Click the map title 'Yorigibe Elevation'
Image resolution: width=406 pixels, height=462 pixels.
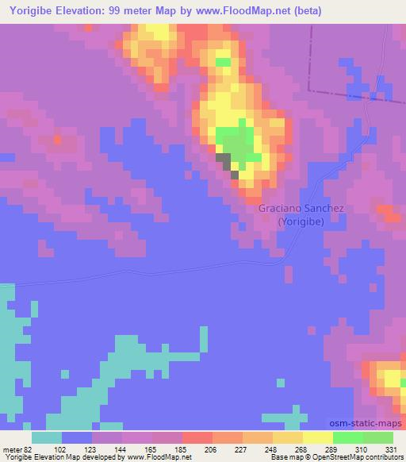coord(59,10)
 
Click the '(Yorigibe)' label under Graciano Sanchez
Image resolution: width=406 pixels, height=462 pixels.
coord(300,222)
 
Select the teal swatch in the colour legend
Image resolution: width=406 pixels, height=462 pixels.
coord(47,437)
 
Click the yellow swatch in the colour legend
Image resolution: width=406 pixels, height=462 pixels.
coord(317,437)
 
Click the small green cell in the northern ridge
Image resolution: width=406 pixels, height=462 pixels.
coord(224,61)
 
